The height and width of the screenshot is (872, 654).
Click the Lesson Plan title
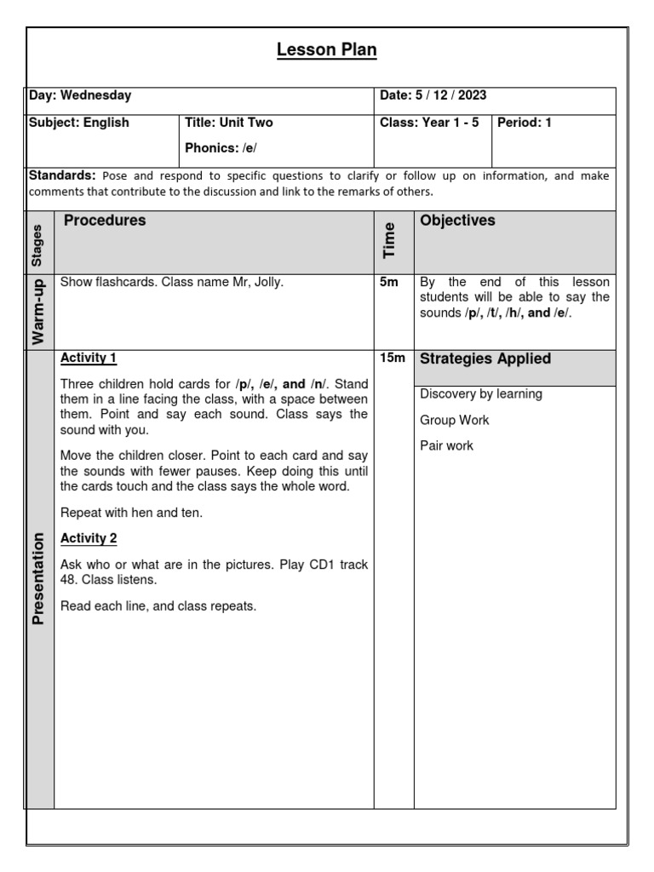[x=326, y=51]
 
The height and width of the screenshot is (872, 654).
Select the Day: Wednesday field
[x=80, y=96]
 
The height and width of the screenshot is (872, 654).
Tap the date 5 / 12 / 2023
[x=433, y=96]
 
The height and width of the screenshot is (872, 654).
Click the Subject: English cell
[x=79, y=123]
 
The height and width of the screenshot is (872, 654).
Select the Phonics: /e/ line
[x=221, y=148]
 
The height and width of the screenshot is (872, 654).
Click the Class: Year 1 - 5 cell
[x=429, y=123]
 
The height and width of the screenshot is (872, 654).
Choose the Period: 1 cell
[x=525, y=123]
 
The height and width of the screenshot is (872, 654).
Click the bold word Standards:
[x=62, y=175]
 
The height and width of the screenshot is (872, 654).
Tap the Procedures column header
[x=105, y=221]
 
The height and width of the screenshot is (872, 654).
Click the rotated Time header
[x=390, y=241]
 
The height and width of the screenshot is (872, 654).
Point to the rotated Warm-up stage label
[x=38, y=312]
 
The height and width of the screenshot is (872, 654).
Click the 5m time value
[x=388, y=282]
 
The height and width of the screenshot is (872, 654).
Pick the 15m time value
[x=392, y=359]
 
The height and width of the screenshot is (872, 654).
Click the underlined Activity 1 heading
[x=89, y=358]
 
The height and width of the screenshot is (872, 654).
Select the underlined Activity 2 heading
[x=89, y=538]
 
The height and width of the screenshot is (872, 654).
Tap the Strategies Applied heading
[x=485, y=359]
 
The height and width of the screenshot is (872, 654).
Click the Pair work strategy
[x=446, y=446]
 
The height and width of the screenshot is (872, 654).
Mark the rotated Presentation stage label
[x=38, y=579]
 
